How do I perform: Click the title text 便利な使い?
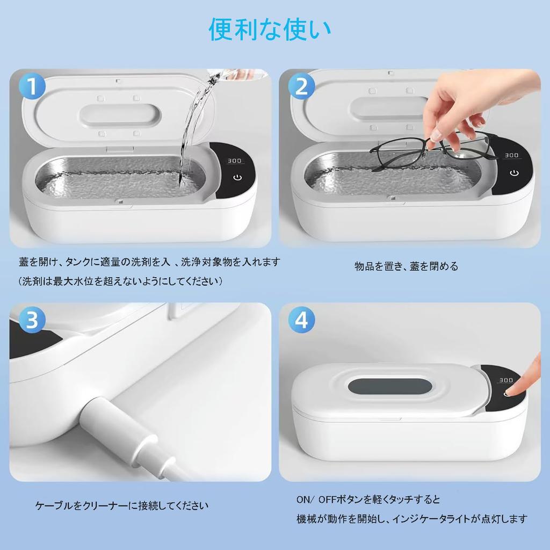(270, 31)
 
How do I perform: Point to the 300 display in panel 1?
(234, 161)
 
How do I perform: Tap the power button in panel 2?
(515, 173)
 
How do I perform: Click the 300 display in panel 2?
(511, 155)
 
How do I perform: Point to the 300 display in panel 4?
(505, 380)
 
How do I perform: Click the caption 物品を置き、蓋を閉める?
(406, 266)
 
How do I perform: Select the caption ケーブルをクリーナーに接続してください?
(121, 505)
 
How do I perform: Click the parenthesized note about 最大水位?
(120, 281)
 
